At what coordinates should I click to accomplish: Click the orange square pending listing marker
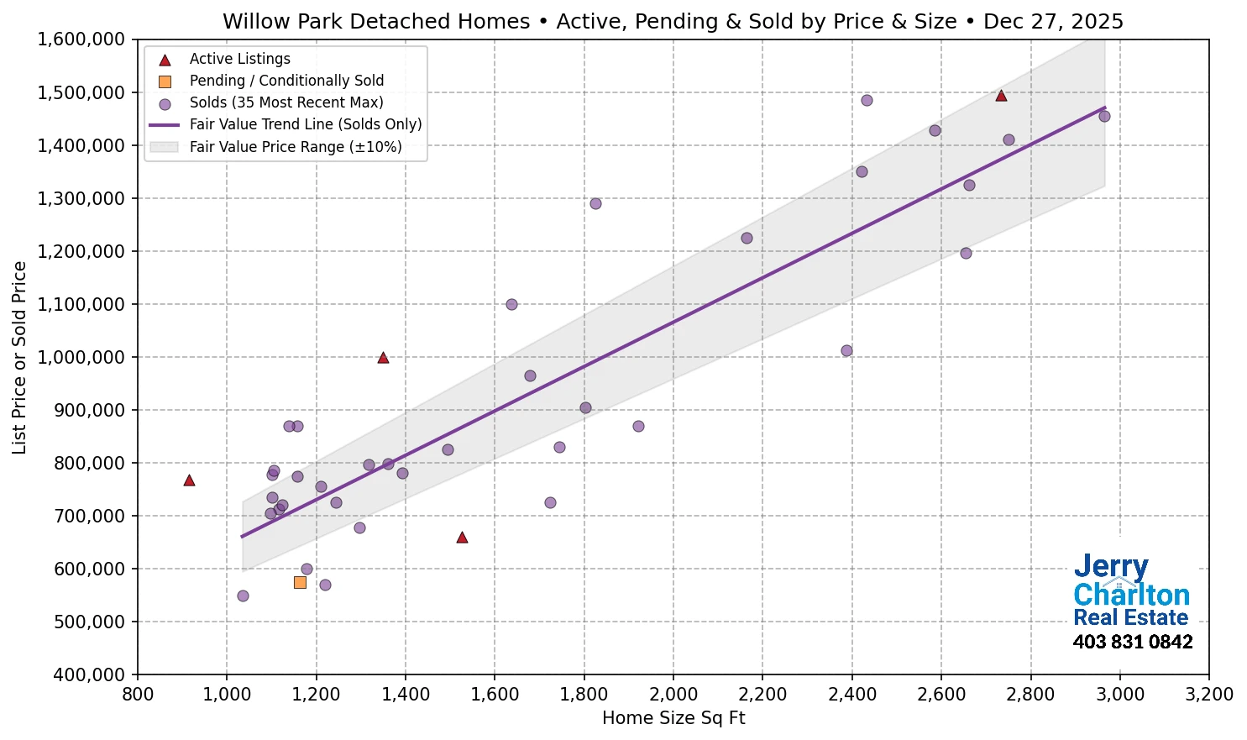[300, 582]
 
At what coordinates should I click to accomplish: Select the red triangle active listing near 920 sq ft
[189, 480]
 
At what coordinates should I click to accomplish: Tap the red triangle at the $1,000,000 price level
[383, 358]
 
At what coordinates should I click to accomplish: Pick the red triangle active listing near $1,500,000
[1001, 96]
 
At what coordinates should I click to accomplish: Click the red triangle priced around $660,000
[462, 538]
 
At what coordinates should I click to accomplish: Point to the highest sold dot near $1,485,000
[867, 101]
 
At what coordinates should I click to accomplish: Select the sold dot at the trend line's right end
[1104, 116]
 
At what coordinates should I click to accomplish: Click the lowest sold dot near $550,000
[243, 596]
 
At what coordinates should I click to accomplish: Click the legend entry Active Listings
[239, 59]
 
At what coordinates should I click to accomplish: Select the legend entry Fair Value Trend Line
[305, 124]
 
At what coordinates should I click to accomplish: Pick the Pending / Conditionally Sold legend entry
[286, 81]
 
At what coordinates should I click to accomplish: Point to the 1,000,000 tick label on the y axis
[81, 358]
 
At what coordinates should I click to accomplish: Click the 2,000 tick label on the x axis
[673, 695]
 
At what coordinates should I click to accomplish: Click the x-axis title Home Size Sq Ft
[673, 718]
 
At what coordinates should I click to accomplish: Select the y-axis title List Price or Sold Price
[19, 358]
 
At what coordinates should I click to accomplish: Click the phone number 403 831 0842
[1132, 643]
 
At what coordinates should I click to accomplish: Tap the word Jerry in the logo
[1110, 568]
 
